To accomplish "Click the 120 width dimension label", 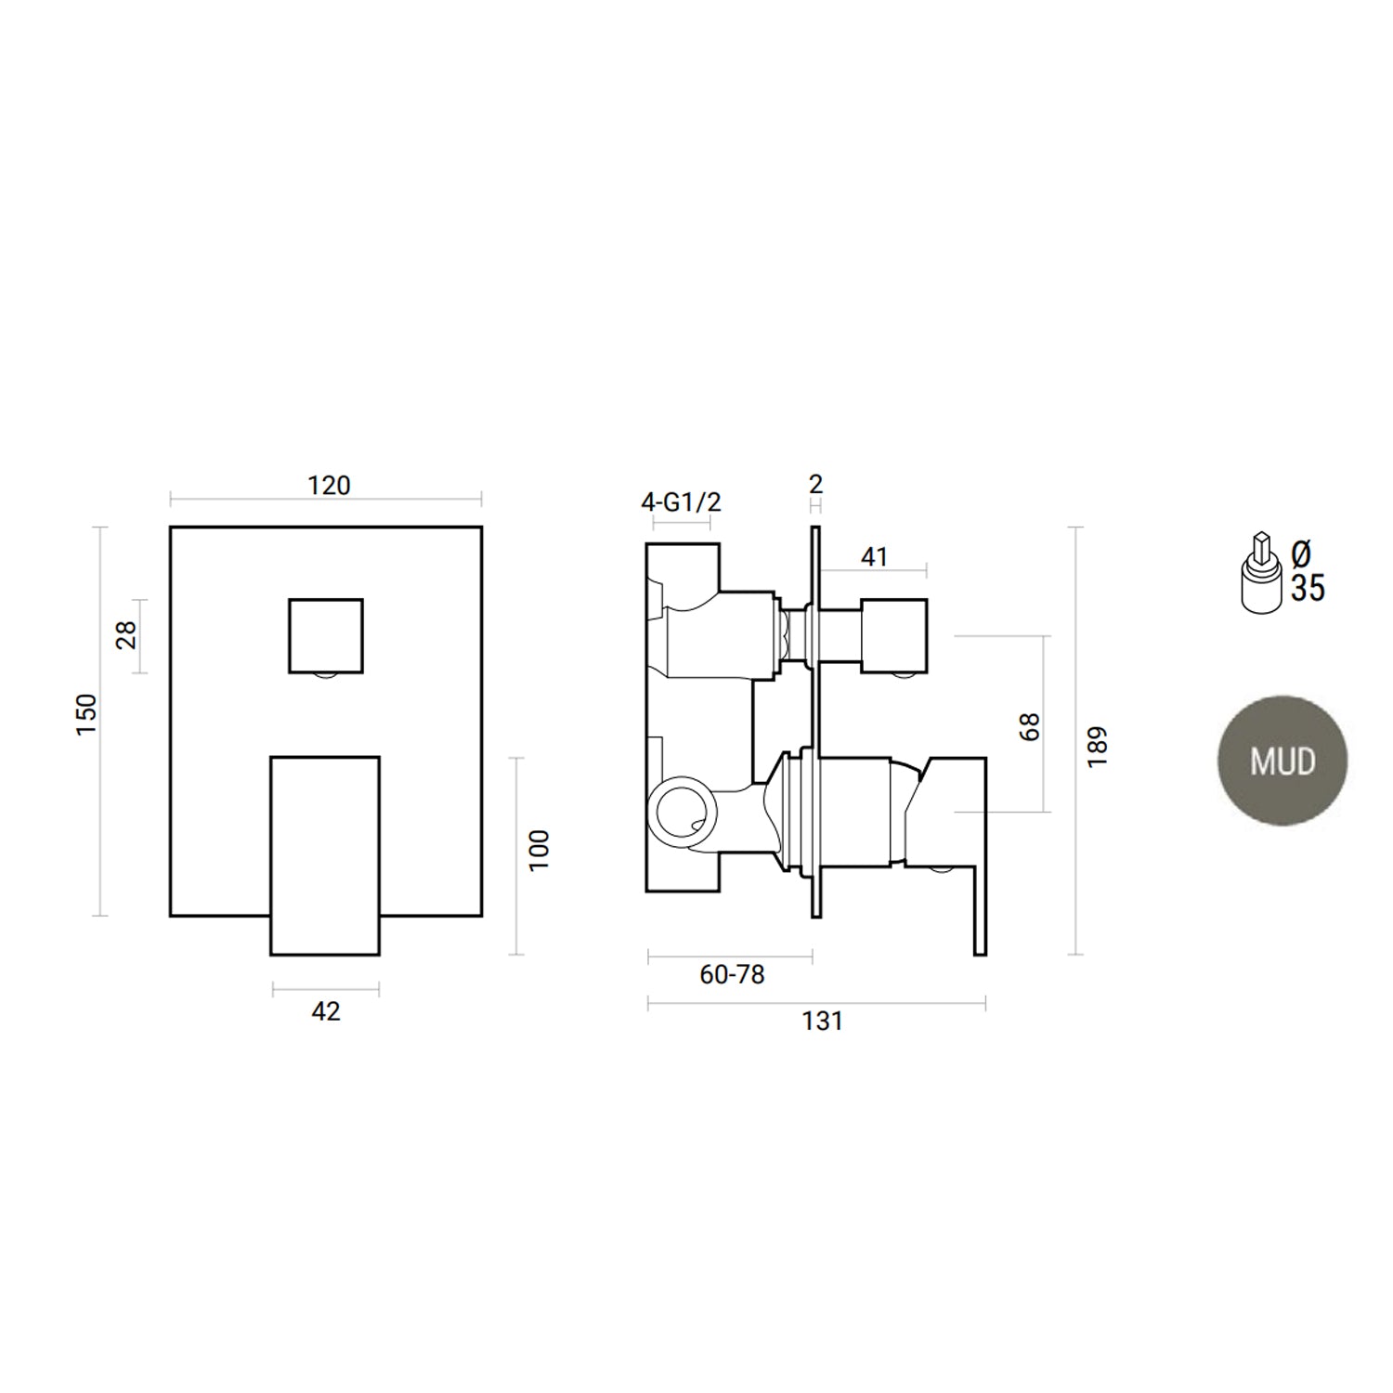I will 329,486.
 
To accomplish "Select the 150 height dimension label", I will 86,714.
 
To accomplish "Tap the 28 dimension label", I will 126,634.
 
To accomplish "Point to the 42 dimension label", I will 326,1011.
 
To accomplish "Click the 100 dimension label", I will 540,850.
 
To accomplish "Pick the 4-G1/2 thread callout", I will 681,502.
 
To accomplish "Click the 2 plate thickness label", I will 816,484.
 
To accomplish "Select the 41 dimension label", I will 875,556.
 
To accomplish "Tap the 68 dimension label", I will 1030,726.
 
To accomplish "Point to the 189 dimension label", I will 1098,746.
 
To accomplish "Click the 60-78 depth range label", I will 732,974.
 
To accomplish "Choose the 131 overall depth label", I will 822,1022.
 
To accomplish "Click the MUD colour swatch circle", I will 1282,761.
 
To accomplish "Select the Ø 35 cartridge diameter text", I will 1307,572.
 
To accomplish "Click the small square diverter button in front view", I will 325,635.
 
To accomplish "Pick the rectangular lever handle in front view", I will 325,854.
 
